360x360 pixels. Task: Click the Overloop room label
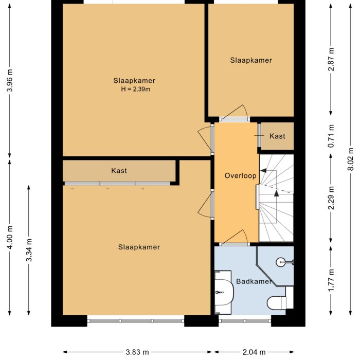(240, 176)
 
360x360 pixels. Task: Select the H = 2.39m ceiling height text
(135, 89)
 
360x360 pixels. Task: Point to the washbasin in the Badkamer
(224, 292)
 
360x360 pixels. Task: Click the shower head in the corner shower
(280, 262)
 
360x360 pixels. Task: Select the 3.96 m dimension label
(9, 80)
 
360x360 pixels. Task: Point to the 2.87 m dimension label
(331, 59)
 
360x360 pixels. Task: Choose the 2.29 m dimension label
(331, 198)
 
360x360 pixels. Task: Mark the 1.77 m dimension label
(331, 279)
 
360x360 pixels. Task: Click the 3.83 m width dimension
(137, 352)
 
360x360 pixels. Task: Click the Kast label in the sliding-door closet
(119, 171)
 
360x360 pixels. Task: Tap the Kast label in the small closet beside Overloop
(277, 136)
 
